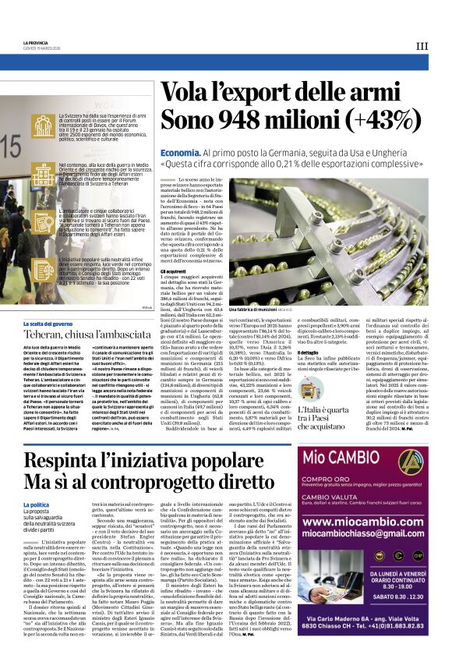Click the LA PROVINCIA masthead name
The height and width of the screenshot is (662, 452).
(36, 43)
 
